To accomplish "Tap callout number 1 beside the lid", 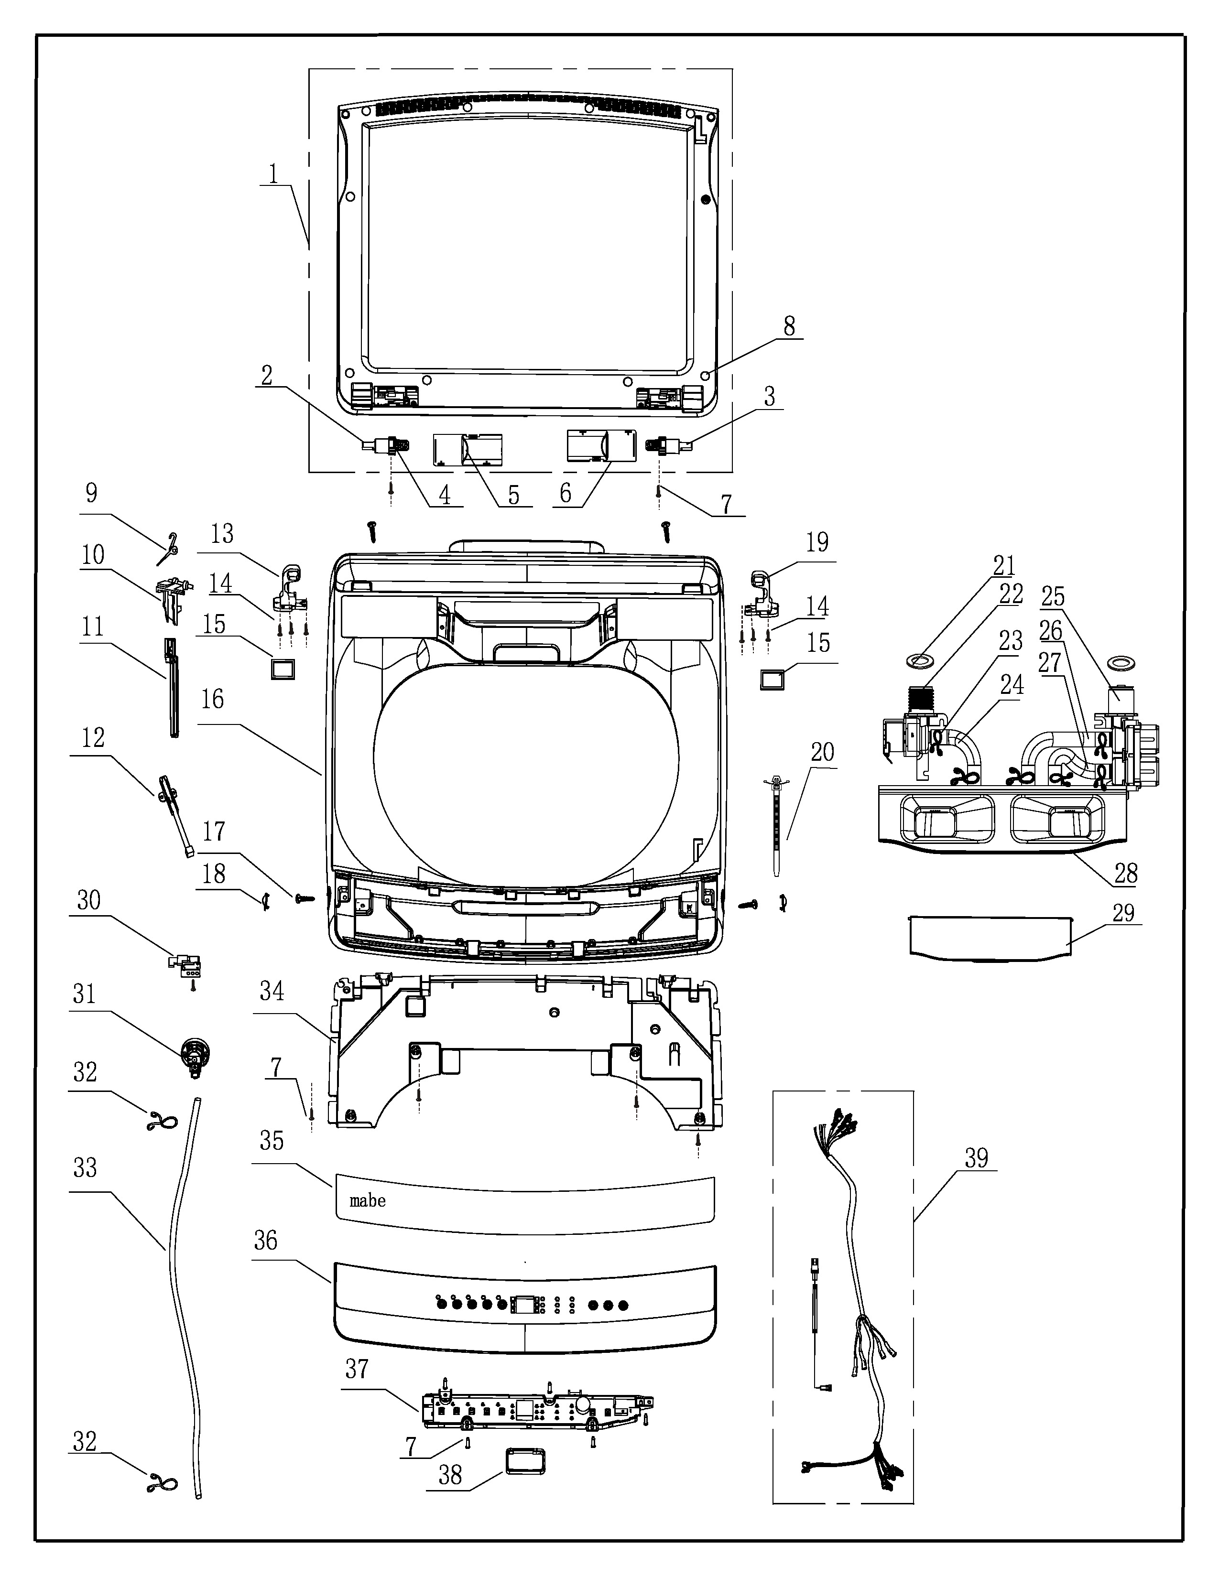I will [x=274, y=174].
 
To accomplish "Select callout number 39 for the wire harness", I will [x=976, y=1159].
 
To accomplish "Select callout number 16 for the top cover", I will [x=212, y=700].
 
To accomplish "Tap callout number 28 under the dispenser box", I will [x=1126, y=874].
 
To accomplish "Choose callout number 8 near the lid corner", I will [x=789, y=326].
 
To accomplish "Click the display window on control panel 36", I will [x=525, y=1304].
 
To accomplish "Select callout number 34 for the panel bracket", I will [x=272, y=992].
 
